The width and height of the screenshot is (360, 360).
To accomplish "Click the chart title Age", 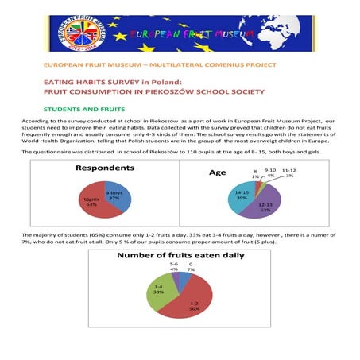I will point(217,172).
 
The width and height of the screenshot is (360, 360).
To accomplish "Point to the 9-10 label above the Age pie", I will point(269,172).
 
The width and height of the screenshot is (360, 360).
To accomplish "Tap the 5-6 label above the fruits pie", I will point(174,266).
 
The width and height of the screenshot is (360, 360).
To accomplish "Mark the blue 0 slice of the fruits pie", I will point(184,279).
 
